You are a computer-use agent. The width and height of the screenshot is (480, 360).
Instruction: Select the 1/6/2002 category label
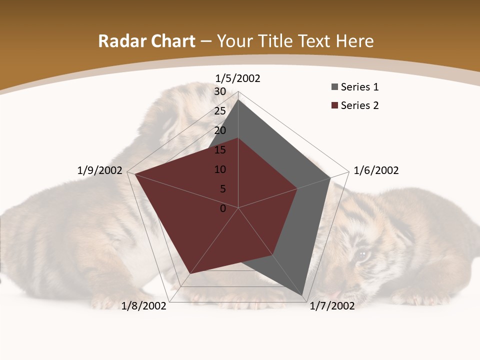(x=376, y=170)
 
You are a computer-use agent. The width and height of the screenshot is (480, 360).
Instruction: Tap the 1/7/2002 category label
(x=332, y=306)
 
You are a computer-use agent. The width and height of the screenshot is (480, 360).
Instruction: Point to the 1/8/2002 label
(x=144, y=306)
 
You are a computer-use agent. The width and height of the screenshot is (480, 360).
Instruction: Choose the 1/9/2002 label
(x=100, y=170)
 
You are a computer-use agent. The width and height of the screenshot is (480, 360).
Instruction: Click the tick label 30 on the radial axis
(x=220, y=91)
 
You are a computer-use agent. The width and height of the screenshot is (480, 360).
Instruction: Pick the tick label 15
(x=220, y=150)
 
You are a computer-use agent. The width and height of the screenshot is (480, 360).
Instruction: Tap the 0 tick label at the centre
(x=223, y=208)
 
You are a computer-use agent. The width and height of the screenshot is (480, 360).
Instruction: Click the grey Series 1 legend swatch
(x=335, y=87)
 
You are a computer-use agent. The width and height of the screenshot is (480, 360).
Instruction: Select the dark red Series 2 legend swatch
(x=335, y=105)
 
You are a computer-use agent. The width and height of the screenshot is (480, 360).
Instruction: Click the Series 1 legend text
(x=360, y=87)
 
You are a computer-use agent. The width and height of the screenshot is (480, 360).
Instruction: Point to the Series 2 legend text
(x=360, y=105)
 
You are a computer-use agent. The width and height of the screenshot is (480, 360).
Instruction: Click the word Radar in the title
(x=119, y=41)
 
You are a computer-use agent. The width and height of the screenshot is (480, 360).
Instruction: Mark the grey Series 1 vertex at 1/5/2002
(x=238, y=100)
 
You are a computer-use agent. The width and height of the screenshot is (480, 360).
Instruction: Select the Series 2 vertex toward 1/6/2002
(x=297, y=188)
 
